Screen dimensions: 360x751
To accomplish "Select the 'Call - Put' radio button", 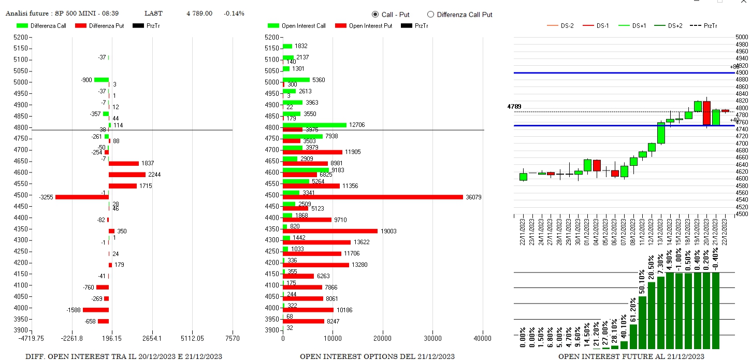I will pos(375,15).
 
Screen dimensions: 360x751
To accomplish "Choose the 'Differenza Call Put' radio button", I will pos(430,15).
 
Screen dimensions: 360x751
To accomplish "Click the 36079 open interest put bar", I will pos(373,197).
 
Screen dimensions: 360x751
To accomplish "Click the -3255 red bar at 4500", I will pos(82,197).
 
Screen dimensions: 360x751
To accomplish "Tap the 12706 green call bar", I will pos(314,125).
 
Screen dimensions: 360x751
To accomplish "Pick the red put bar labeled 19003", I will pos(330,231).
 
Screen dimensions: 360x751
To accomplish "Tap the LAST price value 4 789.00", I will pos(199,13).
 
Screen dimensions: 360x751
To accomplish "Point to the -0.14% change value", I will pos(234,13).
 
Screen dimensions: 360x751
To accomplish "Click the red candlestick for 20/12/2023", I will pos(706,113).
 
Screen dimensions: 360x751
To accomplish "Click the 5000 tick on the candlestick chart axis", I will pos(742,37).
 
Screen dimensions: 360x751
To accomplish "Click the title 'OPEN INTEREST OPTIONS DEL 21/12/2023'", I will pos(377,356).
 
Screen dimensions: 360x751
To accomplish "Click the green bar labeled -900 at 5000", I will pos(102,80).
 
